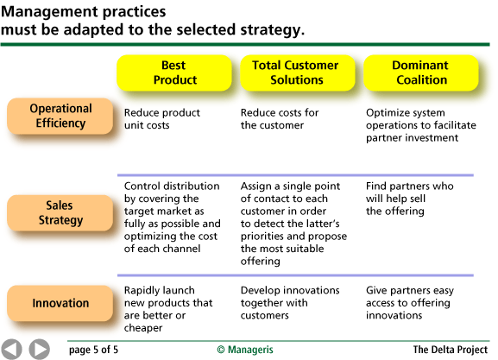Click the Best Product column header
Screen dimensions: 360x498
pos(174,73)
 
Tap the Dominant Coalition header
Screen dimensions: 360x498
pos(419,73)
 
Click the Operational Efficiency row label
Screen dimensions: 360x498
pos(60,117)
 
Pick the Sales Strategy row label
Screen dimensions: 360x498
pos(60,212)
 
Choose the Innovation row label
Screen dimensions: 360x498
pos(60,303)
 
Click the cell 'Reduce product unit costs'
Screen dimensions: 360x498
pos(162,119)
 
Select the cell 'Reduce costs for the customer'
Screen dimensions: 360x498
pos(280,119)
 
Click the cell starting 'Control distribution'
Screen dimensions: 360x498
pos(173,217)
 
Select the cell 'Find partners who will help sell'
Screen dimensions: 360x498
pos(409,199)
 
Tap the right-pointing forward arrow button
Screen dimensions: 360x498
pos(39,349)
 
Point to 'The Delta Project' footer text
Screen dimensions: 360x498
pos(450,350)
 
